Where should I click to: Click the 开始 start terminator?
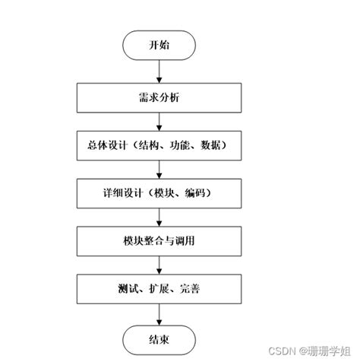click(159, 45)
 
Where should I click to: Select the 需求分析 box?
click(159, 97)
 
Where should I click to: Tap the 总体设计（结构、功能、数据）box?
click(159, 144)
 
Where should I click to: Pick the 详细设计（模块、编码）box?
click(159, 193)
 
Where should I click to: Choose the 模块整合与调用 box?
click(159, 241)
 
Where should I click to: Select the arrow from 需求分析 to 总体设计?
click(159, 120)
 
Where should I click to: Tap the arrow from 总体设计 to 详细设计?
click(159, 169)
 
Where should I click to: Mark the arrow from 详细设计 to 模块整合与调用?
click(159, 217)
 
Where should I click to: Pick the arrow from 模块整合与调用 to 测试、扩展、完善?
click(159, 265)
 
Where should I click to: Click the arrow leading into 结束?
click(159, 313)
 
